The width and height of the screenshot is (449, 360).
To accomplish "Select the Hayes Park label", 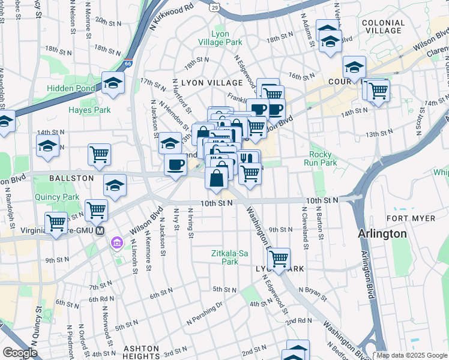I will click(89, 110).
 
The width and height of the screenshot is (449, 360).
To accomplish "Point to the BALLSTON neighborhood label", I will click(71, 178).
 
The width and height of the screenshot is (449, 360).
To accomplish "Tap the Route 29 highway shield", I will click(214, 7).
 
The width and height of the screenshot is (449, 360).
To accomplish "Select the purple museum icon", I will click(116, 243).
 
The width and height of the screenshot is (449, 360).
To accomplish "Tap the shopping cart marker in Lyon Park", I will click(279, 259).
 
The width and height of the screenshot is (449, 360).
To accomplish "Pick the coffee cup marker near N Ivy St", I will click(176, 164).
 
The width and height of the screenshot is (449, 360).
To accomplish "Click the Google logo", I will click(20, 353).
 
